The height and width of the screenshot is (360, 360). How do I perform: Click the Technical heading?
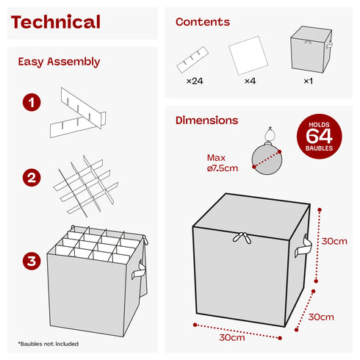[56, 22]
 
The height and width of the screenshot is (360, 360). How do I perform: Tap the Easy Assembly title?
[59, 62]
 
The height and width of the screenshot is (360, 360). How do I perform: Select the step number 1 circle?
[32, 102]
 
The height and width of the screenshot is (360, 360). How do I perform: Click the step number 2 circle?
[32, 178]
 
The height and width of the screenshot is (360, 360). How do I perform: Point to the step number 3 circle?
[32, 261]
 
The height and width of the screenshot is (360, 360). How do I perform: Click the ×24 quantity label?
[195, 81]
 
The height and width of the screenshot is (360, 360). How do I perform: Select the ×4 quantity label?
[250, 81]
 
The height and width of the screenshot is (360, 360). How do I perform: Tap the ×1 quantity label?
[308, 81]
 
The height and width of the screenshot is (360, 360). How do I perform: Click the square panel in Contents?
[248, 56]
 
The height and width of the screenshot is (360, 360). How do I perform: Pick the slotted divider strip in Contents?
[192, 60]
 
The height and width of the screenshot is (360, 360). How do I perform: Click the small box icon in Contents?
[312, 49]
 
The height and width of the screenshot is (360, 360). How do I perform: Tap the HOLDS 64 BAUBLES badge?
[319, 137]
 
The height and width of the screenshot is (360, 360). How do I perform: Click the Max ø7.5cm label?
[222, 163]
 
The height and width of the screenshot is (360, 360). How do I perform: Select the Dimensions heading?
[206, 120]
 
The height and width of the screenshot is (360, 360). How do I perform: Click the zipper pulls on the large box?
[242, 238]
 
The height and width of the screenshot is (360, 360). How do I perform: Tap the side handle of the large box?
[303, 246]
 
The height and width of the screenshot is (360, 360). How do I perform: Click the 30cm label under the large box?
[231, 337]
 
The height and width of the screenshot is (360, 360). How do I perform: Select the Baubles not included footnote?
[48, 344]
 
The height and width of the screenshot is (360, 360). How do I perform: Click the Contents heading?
[203, 22]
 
